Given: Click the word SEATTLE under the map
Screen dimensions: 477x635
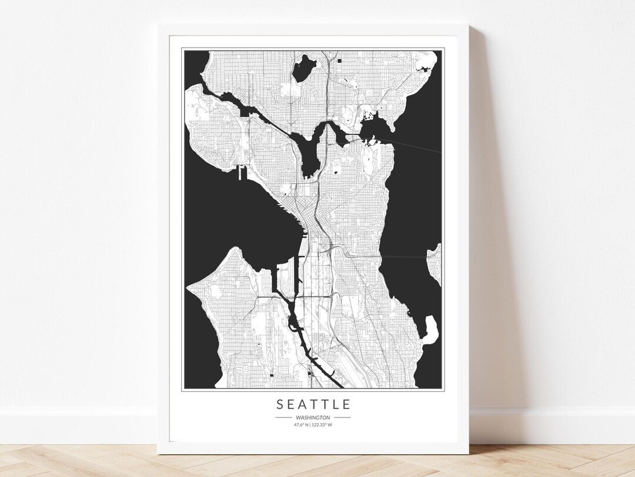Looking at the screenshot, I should (313, 404).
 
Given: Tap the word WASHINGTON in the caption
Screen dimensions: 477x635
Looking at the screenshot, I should (313, 417).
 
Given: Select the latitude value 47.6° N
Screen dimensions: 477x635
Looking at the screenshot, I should (302, 424).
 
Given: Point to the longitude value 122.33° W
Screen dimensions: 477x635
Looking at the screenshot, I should (323, 424).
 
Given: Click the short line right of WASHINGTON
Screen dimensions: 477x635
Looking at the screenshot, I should (342, 417).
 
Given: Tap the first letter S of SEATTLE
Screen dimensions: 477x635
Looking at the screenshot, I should (279, 404).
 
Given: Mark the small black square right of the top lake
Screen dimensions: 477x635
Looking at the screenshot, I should (340, 60).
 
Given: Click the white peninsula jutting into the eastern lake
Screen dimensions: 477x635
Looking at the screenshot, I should (431, 329).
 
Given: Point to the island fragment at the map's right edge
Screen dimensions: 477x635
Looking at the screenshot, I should (436, 264).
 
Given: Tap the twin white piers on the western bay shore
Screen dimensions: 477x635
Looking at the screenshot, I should (241, 172).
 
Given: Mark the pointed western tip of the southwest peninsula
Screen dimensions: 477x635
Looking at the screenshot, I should (189, 288).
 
